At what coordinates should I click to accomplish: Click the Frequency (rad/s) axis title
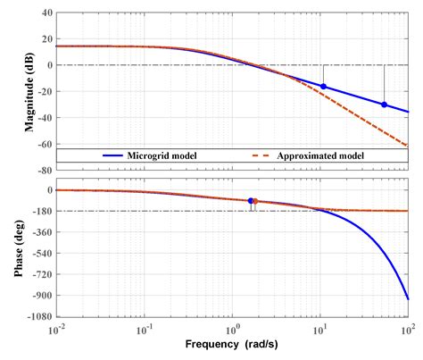click(231, 343)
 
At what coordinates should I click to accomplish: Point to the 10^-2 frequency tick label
click(57, 330)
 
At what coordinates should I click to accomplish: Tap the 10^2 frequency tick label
click(407, 330)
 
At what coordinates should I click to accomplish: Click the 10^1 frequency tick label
click(320, 330)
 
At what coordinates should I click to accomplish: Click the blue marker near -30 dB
click(384, 105)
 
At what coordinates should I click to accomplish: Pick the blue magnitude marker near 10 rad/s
click(323, 87)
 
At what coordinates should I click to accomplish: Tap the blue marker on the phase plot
click(251, 201)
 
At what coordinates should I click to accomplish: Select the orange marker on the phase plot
click(255, 201)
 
